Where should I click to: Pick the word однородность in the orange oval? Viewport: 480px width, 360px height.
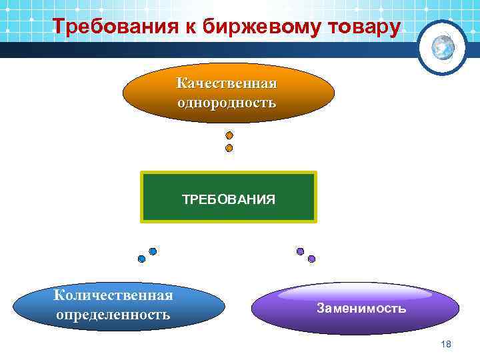(x=227, y=103)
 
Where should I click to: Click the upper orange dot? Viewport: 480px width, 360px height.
(x=229, y=135)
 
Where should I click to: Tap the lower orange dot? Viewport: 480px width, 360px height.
(x=229, y=148)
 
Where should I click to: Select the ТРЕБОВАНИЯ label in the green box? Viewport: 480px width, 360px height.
(x=229, y=199)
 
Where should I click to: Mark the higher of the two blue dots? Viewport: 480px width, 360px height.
(x=153, y=251)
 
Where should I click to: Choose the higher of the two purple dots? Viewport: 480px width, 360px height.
(x=300, y=251)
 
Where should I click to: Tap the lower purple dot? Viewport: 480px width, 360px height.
(x=311, y=259)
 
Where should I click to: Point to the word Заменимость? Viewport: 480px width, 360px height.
(x=361, y=309)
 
